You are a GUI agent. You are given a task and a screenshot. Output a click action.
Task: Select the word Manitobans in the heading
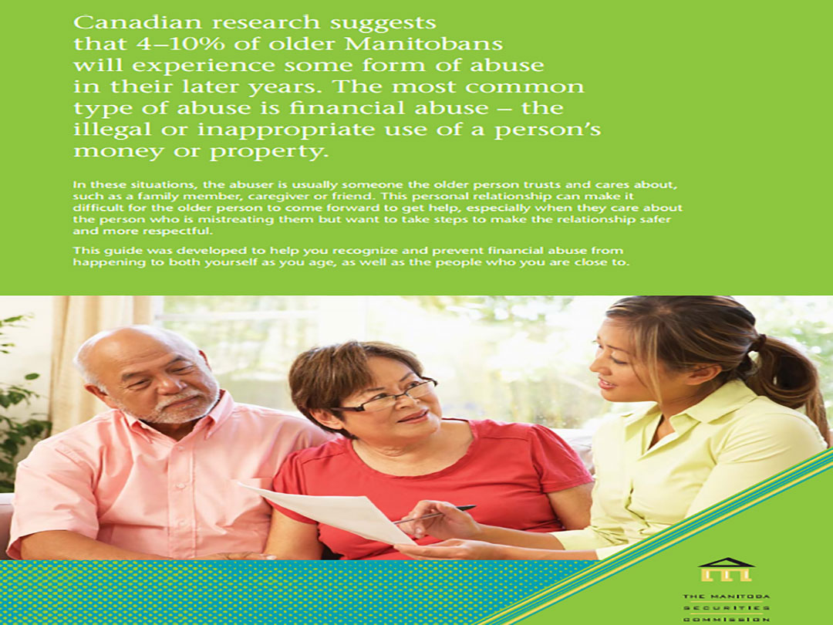[x=423, y=43]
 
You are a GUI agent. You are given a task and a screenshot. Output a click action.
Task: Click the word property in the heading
[x=267, y=152]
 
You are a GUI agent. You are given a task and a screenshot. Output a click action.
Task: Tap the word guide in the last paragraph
[x=122, y=251]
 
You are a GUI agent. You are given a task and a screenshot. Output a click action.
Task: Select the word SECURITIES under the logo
[x=727, y=608]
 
